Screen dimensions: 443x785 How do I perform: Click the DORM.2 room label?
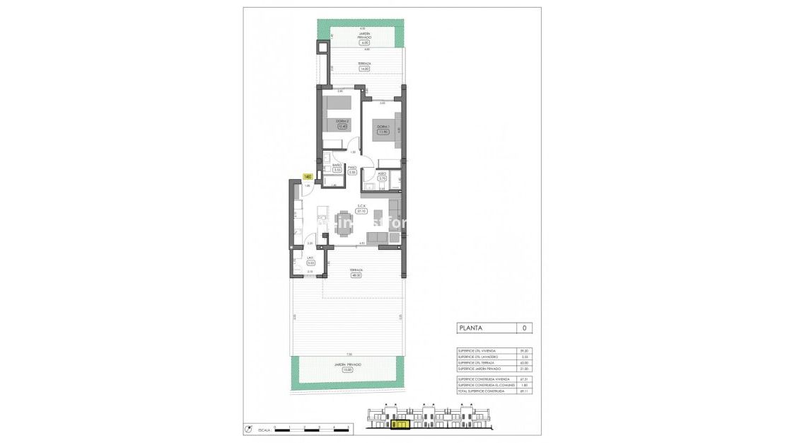343,122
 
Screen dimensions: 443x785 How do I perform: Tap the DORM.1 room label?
383,127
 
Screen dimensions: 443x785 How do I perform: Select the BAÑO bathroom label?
337,166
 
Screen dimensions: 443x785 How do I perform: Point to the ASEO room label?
382,173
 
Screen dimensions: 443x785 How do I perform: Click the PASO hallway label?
351,168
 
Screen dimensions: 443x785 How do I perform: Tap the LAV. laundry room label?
310,258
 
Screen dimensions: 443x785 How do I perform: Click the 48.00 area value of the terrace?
356,276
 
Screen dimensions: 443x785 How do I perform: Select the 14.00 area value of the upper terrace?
364,69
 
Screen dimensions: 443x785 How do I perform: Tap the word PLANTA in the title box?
472,328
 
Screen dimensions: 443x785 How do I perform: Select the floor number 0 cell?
523,328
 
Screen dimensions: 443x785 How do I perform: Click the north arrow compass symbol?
248,428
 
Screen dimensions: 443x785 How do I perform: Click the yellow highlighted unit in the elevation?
400,425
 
